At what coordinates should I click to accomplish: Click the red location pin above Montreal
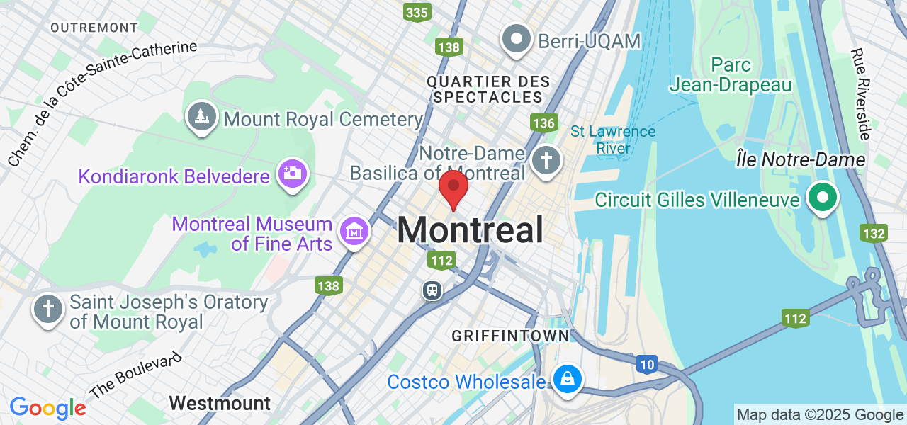click(x=453, y=188)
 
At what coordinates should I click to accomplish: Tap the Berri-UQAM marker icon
click(x=517, y=39)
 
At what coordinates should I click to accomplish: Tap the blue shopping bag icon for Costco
click(x=567, y=379)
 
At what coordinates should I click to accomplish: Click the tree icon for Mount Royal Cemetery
click(x=201, y=116)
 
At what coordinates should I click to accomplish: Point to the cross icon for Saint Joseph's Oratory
click(x=48, y=310)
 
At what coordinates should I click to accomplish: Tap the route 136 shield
click(x=543, y=123)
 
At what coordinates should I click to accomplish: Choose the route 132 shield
click(x=874, y=233)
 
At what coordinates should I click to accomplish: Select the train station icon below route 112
click(x=432, y=290)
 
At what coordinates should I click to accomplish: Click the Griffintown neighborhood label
click(x=510, y=335)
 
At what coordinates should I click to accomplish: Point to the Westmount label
click(x=220, y=404)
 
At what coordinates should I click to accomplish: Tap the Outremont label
click(x=94, y=27)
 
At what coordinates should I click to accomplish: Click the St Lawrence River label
click(x=613, y=140)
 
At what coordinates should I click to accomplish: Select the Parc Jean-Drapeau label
click(x=731, y=74)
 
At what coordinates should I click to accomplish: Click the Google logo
click(x=47, y=408)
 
